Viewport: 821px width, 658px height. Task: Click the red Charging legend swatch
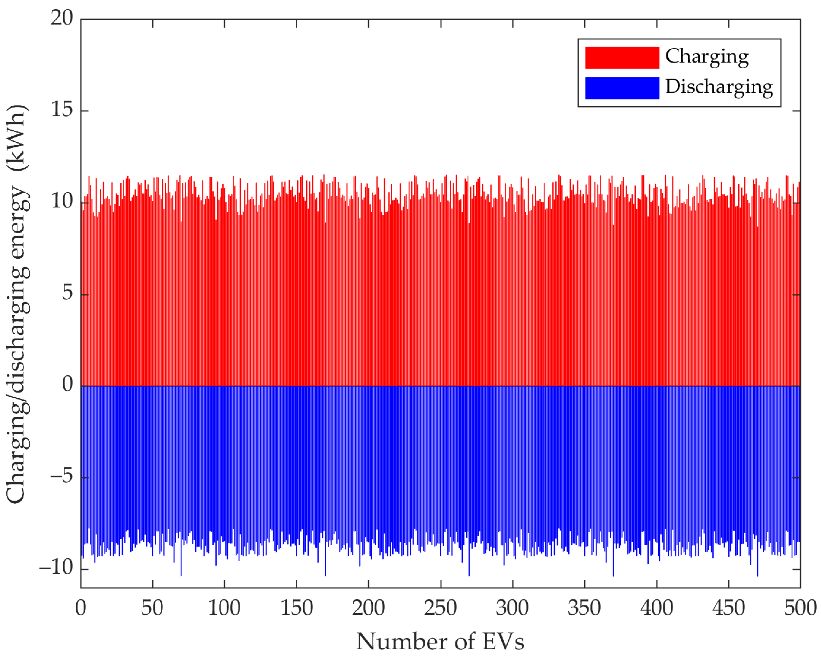pyautogui.click(x=622, y=58)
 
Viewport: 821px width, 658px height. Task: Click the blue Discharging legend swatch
pyautogui.click(x=622, y=88)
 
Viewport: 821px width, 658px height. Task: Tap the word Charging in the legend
pyautogui.click(x=707, y=57)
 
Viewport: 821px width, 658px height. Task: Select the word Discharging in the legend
pyautogui.click(x=719, y=87)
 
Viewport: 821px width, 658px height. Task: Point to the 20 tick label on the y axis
pyautogui.click(x=62, y=18)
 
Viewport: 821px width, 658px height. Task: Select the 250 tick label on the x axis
pyautogui.click(x=440, y=608)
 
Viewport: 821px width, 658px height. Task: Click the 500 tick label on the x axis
pyautogui.click(x=800, y=608)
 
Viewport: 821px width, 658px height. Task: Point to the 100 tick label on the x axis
pyautogui.click(x=224, y=608)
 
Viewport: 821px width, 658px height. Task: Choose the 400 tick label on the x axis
pyautogui.click(x=657, y=608)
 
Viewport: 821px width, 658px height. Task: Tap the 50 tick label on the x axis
pyautogui.click(x=152, y=608)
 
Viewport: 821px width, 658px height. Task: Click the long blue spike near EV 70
pyautogui.click(x=181, y=567)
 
